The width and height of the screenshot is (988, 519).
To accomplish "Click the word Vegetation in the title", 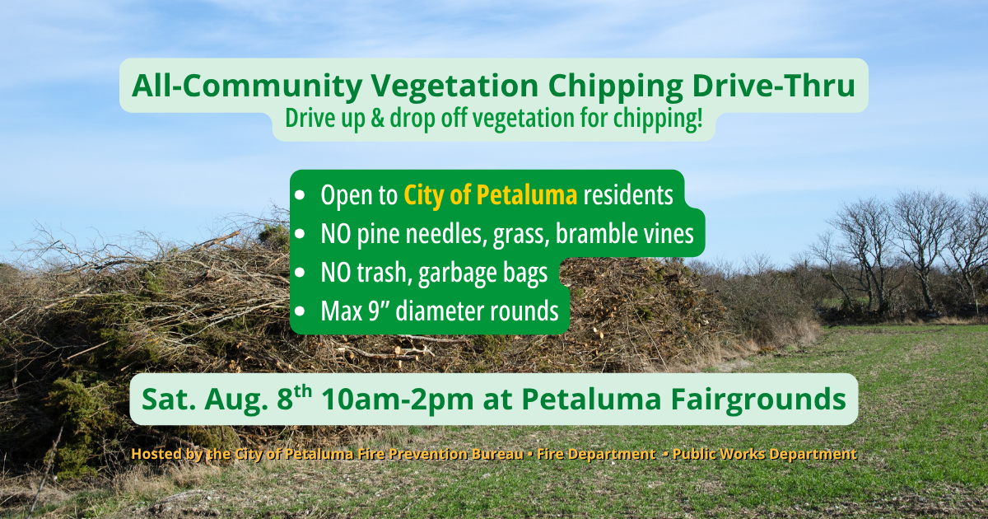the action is click(x=454, y=86).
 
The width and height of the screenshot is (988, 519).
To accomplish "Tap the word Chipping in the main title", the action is click(x=616, y=86).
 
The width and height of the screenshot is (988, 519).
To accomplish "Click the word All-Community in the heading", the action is click(x=246, y=86).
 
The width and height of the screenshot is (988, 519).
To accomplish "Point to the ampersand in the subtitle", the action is click(x=377, y=119).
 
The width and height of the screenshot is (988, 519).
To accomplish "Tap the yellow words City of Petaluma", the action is click(x=491, y=194).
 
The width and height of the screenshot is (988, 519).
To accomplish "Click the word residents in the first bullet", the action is click(x=628, y=194).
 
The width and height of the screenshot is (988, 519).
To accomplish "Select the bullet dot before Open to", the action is click(x=300, y=195).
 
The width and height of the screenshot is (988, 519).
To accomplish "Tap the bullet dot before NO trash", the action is click(x=300, y=273).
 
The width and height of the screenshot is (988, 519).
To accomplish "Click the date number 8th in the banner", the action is click(x=294, y=397).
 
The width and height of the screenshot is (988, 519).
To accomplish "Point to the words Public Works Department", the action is click(x=764, y=454).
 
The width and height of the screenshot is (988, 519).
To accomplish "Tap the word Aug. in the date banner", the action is click(x=236, y=400).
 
